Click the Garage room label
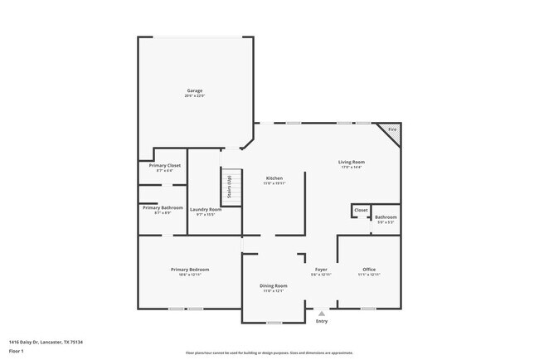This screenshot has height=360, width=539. pos(194,90)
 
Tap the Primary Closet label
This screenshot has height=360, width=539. pos(164,165)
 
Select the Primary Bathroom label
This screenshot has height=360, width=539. pos(163,207)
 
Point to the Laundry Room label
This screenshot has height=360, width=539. pos(205,210)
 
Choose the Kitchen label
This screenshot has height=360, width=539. pos(274,178)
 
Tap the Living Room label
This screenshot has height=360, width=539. pos(351,162)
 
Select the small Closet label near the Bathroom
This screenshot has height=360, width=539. pos(361,210)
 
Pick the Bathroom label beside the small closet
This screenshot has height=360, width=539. pos(386,217)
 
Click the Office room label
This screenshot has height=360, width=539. pos(369,270)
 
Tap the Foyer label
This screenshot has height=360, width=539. pos(321,270)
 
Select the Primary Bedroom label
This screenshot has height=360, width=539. pos(190,270)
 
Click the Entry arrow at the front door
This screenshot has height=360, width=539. pos(322,314)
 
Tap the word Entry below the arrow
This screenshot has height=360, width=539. pos(322,322)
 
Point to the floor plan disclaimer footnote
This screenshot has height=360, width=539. pos(269,353)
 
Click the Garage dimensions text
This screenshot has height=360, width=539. pos(194,96)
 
